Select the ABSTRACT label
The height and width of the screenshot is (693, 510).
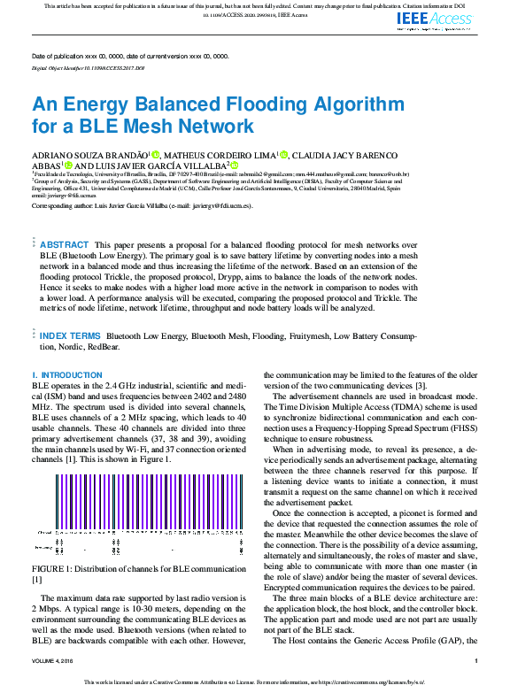pyautogui.click(x=65, y=244)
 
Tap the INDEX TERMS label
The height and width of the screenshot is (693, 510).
pyautogui.click(x=70, y=336)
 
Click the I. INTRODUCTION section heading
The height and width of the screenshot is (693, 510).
pyautogui.click(x=67, y=375)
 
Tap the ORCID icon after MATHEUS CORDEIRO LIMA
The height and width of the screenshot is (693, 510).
pyautogui.click(x=283, y=154)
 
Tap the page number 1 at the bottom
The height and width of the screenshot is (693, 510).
pyautogui.click(x=475, y=661)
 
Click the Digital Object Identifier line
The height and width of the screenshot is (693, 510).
pyautogui.click(x=88, y=67)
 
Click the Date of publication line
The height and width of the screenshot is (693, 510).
pyautogui.click(x=129, y=56)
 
